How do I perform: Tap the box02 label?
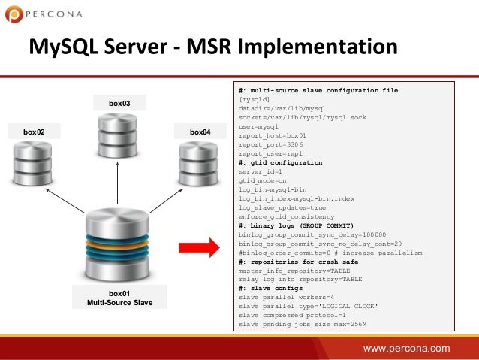coord(34,132)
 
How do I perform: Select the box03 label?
coord(119,102)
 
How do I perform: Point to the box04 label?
coord(200,132)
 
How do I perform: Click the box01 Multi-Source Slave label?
coord(119,298)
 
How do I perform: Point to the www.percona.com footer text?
coord(406,348)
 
